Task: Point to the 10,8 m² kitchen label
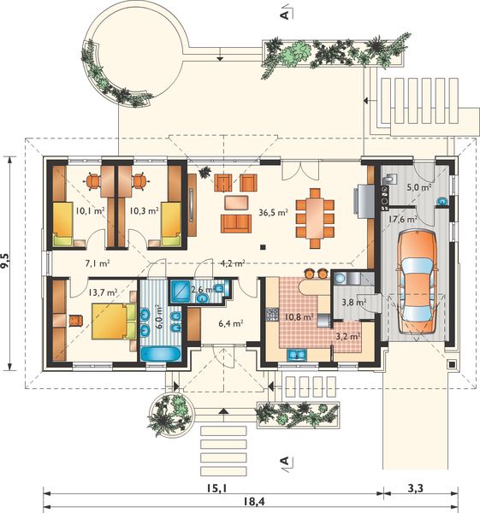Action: [297, 317]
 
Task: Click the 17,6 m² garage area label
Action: [401, 219]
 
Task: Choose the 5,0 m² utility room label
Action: [418, 186]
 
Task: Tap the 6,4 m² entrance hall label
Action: [232, 323]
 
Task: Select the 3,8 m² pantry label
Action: [353, 301]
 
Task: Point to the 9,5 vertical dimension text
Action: [8, 261]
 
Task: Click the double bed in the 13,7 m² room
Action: [111, 323]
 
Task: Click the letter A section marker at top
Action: [281, 14]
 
